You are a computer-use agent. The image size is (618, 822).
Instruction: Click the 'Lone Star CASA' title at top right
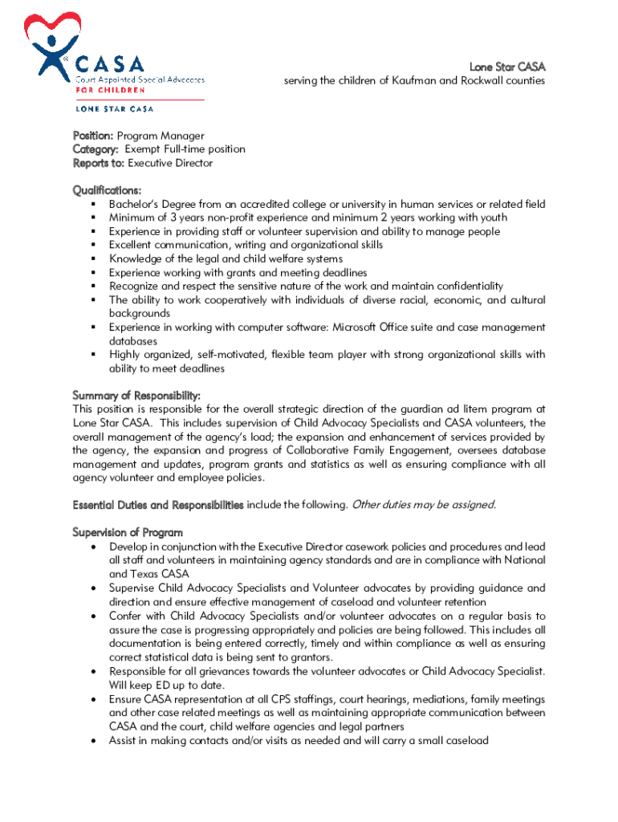click(x=506, y=67)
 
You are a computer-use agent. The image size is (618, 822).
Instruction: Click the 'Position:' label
click(x=94, y=136)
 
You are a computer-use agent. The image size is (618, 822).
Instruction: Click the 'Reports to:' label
click(x=99, y=163)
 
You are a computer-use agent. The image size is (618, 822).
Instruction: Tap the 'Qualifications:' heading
click(x=107, y=190)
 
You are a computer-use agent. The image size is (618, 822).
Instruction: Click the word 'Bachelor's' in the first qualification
click(x=134, y=204)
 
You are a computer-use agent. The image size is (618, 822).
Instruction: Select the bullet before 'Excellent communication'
click(x=93, y=245)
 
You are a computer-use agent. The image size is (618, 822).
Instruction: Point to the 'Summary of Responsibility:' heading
click(x=136, y=396)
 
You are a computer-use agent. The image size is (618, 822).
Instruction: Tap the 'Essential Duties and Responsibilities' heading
click(x=158, y=505)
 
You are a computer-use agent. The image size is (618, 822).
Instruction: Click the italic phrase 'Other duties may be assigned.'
click(x=424, y=505)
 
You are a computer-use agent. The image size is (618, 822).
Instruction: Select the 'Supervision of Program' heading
click(x=128, y=532)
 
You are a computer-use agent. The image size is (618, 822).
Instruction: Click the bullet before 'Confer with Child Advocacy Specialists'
click(x=94, y=616)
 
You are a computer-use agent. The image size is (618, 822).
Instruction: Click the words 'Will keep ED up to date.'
click(x=166, y=685)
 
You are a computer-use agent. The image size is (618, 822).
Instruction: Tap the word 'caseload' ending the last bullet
click(x=466, y=740)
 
